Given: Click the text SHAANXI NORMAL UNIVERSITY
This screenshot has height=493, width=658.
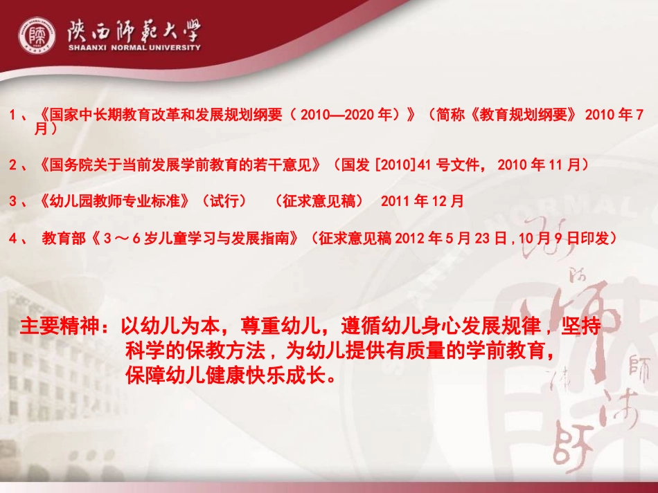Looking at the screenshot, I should pos(134,48).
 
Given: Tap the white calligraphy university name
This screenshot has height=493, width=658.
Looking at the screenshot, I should pos(134,30).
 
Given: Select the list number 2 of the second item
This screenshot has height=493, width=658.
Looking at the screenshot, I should pos(14,165).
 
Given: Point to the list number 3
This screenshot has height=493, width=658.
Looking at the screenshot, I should pos(14,201).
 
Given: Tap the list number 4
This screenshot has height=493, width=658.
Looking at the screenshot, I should pos(14,239).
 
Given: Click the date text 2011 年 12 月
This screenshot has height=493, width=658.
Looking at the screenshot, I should pos(423,201).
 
